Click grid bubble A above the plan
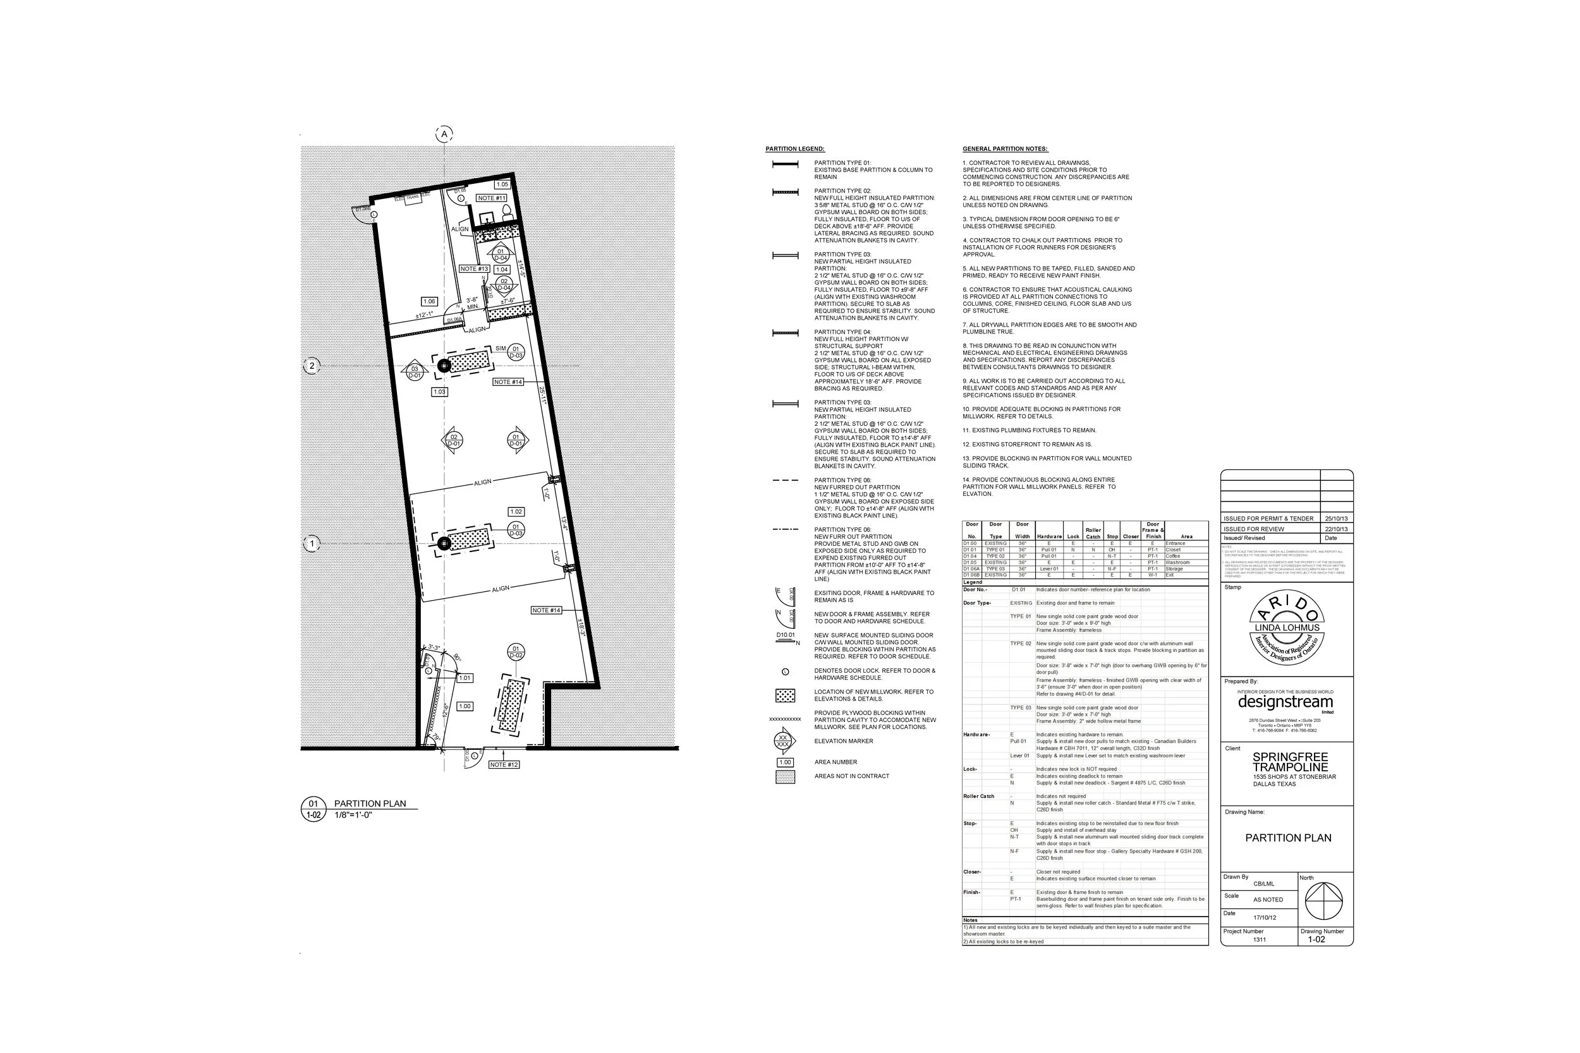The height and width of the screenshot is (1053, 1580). coord(444,135)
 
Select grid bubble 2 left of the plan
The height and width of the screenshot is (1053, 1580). coord(312,366)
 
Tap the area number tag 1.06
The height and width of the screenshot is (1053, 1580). coord(428,301)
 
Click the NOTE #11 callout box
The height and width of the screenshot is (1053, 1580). coord(492,198)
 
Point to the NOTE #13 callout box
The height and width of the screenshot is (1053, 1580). coord(474,268)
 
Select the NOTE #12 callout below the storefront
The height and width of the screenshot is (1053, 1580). coord(504,764)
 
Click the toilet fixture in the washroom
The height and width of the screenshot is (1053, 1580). coord(507,212)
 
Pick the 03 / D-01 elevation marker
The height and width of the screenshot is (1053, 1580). coord(415,372)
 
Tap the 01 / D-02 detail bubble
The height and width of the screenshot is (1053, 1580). coord(516,652)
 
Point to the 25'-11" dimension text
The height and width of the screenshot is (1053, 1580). coord(543,394)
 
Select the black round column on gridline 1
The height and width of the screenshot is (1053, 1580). coord(444,543)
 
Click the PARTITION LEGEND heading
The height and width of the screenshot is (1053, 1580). coord(794,149)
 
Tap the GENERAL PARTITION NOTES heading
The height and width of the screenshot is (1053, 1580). coord(1005,149)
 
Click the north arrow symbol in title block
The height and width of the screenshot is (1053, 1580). coord(1323,901)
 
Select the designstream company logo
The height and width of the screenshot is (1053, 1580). coord(1285,702)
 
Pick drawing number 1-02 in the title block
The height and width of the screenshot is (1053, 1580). coord(1316,939)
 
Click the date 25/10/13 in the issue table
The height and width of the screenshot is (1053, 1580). coord(1335,519)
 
